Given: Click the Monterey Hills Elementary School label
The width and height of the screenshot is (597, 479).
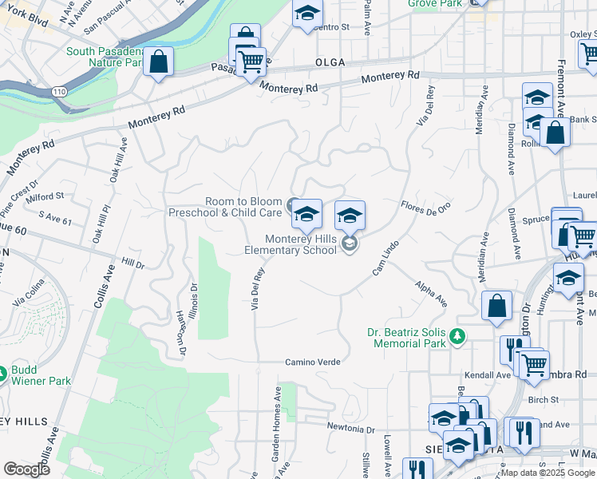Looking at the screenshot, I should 301,244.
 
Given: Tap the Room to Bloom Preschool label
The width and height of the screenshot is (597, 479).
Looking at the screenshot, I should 225,207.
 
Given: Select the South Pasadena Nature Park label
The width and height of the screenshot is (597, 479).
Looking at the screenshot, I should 104,57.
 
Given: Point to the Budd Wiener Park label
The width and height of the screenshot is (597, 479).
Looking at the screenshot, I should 38,375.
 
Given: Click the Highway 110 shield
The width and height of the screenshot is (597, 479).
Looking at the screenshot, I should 60,93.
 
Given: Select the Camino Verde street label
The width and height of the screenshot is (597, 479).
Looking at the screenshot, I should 313,362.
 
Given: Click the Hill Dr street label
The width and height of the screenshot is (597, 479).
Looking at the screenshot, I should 133,263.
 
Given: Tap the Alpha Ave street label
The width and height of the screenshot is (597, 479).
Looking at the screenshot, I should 431,292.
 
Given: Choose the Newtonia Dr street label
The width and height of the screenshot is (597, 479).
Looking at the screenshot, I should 350,429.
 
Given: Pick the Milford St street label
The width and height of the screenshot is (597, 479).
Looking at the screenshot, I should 43,196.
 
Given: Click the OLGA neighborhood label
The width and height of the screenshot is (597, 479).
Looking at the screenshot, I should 330,61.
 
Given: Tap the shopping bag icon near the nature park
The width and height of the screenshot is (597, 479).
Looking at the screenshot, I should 159,62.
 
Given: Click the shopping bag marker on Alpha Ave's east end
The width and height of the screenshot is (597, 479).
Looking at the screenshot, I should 496,307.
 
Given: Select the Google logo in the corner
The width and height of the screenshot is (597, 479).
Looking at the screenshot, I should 26,469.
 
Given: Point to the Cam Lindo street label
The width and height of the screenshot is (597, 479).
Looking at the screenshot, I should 385,258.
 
